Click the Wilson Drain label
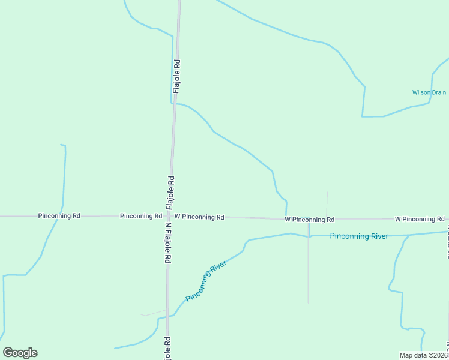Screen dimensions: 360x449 coord(429,93)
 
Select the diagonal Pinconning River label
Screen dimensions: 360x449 coord(206,281)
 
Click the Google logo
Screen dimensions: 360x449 coord(20,353)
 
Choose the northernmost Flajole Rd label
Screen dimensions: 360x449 coord(176,75)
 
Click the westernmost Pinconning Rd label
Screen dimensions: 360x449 coord(59,215)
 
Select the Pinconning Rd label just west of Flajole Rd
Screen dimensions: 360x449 coord(141,216)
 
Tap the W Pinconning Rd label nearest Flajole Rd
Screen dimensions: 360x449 coord(199,217)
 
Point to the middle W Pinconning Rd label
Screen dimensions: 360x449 coord(309,220)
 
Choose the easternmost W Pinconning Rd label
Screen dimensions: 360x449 coord(420,219)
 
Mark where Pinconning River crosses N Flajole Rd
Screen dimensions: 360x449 coord(167,316)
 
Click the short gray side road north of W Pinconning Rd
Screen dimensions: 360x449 coord(327,204)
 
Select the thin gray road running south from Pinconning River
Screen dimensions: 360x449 coord(308,270)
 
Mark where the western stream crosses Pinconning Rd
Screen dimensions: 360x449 coord(58,215)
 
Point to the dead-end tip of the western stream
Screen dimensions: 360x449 coord(61,145)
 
